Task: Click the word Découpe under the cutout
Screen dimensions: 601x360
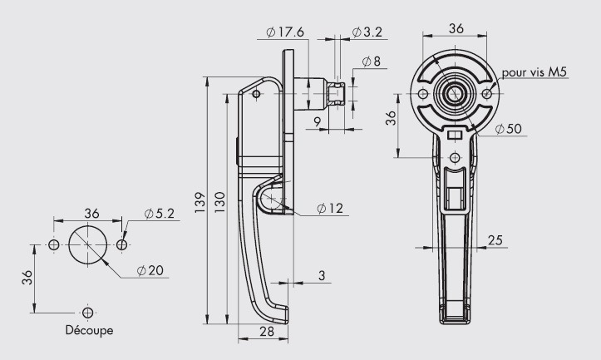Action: coord(89,330)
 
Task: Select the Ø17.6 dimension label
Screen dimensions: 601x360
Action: coord(285,32)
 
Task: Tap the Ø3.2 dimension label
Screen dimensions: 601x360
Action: coord(367,32)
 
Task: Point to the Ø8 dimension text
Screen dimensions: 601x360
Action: coord(371,61)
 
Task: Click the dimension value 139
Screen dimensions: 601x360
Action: coord(200,202)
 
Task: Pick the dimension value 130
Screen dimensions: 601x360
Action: coord(220,202)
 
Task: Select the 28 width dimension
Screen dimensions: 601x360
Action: coord(267,331)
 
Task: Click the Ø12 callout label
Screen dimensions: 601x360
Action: coord(330,208)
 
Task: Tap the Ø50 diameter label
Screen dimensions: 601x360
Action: coord(508,129)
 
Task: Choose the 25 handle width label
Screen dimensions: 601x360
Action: coord(495,240)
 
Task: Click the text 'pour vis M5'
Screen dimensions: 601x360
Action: coord(534,72)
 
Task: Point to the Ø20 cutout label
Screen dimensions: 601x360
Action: coord(150,271)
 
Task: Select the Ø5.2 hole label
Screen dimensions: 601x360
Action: coord(159,214)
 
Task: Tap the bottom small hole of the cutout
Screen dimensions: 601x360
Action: coord(88,313)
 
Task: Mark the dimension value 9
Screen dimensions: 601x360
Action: coord(317,122)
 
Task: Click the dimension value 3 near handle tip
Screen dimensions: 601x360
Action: coord(322,275)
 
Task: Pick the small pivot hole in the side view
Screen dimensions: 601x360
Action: coord(256,94)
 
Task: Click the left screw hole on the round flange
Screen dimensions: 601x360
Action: coord(423,94)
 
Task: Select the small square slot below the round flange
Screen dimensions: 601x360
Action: coord(455,136)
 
